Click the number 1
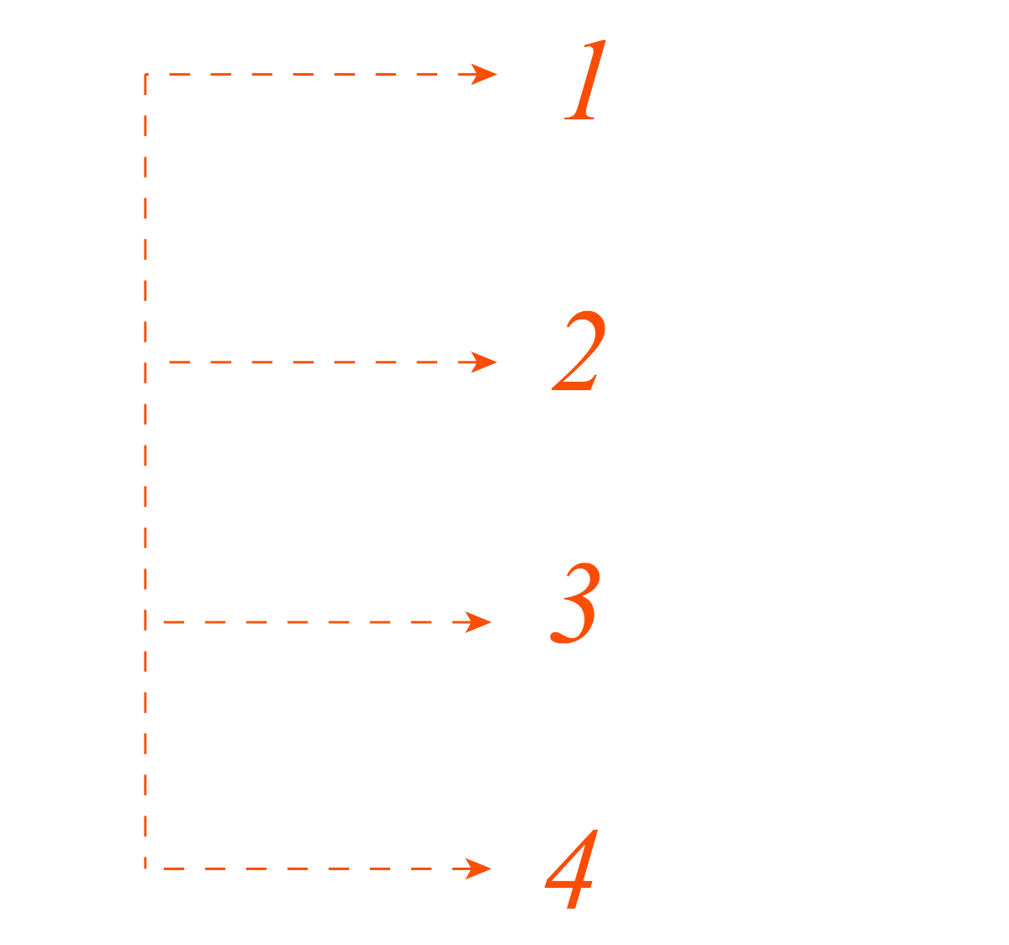point(584,82)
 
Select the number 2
point(578,352)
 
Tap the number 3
point(576,604)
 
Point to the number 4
point(572,870)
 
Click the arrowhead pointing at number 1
point(484,74)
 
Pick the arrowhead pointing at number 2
point(484,362)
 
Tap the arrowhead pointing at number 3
point(479,622)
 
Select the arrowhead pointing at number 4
point(479,868)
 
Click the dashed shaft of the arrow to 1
point(320,74)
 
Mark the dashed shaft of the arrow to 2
point(320,362)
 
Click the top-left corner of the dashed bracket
point(145,76)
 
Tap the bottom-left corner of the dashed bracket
point(145,867)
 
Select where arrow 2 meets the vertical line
point(145,362)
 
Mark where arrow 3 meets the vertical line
point(145,622)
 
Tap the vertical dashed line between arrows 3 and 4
point(145,744)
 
